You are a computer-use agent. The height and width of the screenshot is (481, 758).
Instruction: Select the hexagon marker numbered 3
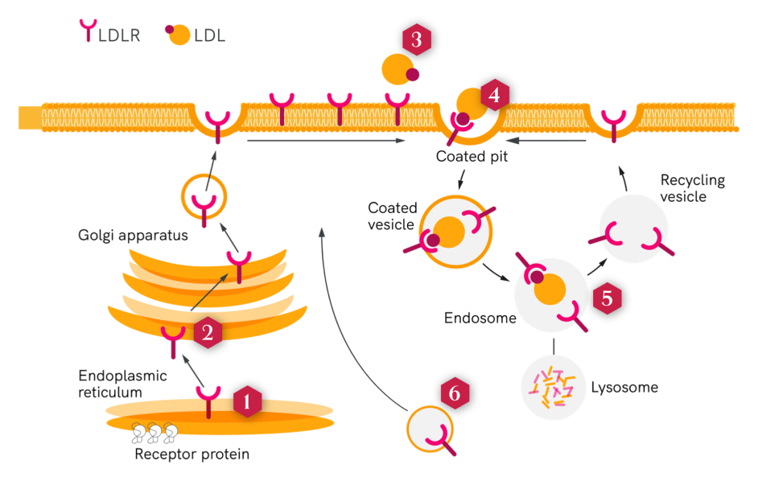coord(416,41)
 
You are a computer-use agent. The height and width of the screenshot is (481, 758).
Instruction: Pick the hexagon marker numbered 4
coord(494,96)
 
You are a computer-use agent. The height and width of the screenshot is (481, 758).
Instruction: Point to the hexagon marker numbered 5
coord(608,298)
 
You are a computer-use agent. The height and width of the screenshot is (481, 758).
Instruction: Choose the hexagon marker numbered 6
coord(455,393)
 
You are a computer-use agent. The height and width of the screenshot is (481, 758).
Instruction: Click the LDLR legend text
coord(118,35)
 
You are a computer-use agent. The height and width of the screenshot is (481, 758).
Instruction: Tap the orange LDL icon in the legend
coord(180,35)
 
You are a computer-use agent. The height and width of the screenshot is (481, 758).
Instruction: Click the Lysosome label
coord(625,388)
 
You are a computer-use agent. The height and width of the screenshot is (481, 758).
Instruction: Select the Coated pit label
coord(472,157)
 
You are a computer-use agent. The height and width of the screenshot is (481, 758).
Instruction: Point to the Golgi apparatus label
coord(133,236)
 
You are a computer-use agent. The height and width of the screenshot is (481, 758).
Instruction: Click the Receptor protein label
coord(192,454)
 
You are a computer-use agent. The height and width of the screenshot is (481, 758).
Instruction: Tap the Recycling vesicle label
coord(692,188)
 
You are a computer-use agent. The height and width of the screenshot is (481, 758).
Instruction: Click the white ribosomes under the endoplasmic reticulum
coord(153,434)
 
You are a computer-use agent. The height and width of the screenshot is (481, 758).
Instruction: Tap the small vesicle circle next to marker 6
coord(432,431)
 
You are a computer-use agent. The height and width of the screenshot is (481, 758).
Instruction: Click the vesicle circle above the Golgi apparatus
coord(204,195)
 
